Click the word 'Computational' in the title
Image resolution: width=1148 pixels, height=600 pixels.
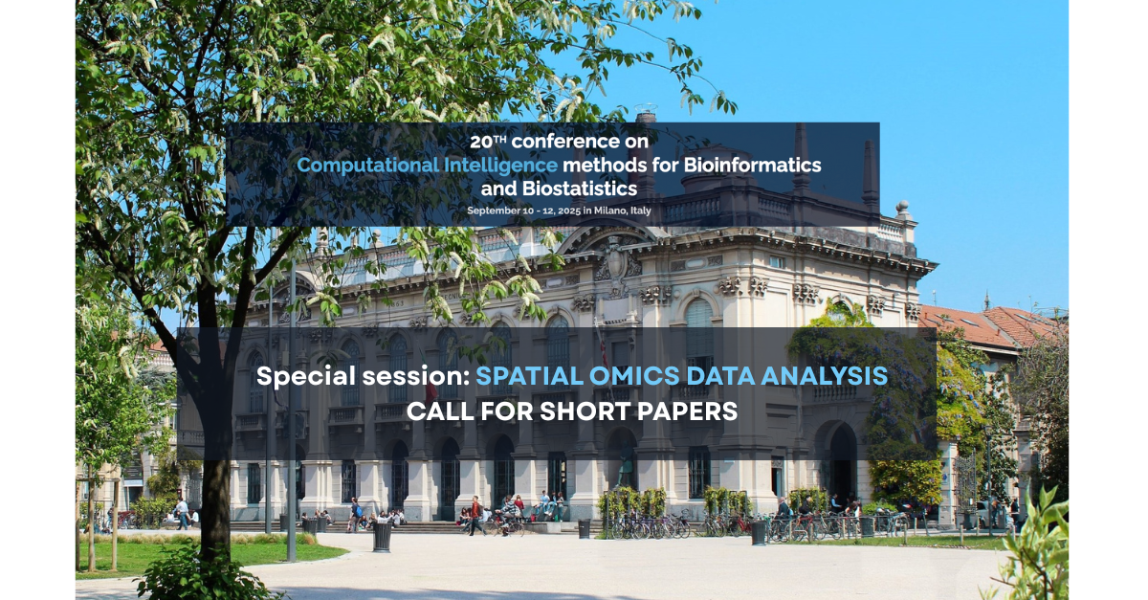click(368, 166)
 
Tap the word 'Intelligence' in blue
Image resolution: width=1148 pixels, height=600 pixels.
click(500, 166)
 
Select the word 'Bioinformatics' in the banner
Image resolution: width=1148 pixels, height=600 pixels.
click(752, 166)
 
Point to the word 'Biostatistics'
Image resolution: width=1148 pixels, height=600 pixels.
click(580, 189)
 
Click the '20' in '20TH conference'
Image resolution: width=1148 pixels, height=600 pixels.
click(481, 142)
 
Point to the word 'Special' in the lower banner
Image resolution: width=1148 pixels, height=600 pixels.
click(306, 377)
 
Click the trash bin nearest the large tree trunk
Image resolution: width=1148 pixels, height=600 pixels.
click(383, 535)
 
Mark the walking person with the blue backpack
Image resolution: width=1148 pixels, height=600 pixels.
click(355, 515)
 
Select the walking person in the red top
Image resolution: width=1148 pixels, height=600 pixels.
click(475, 516)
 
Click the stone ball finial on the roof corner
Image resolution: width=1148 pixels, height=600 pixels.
click(902, 208)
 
